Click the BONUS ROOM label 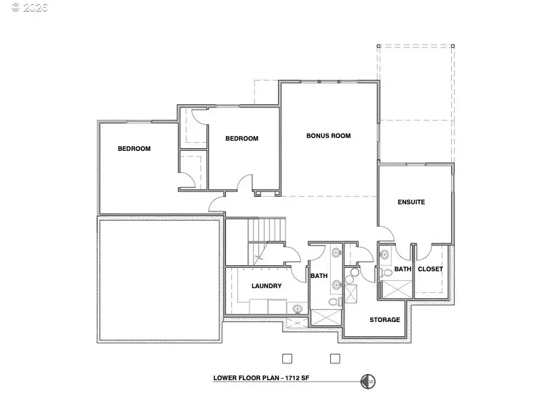(328, 136)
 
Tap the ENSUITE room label (411, 202)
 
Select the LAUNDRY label (267, 286)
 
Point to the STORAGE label (384, 320)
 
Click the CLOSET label (430, 269)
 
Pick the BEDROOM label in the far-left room (134, 149)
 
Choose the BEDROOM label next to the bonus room (241, 139)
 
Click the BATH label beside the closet (402, 269)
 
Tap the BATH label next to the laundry (319, 276)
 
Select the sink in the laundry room (297, 308)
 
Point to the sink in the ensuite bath (384, 255)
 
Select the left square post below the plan (287, 358)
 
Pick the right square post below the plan (334, 358)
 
